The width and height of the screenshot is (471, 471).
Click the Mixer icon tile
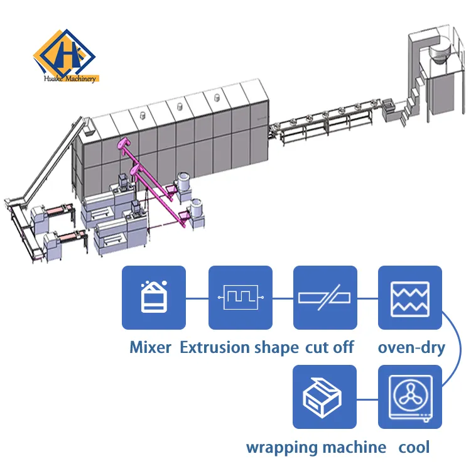154,298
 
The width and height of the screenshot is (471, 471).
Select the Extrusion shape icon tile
240,298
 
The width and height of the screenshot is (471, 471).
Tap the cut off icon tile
325,298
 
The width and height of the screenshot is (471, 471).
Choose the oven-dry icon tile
410,298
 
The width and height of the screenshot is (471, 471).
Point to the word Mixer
151,347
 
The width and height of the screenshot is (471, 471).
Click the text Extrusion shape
239,347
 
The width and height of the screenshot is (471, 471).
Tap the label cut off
329,347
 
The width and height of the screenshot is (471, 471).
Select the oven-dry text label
411,347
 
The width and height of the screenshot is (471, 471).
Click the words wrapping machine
316,447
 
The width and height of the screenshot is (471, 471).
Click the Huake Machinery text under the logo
70,79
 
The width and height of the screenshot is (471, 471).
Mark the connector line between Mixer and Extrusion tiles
197,298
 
